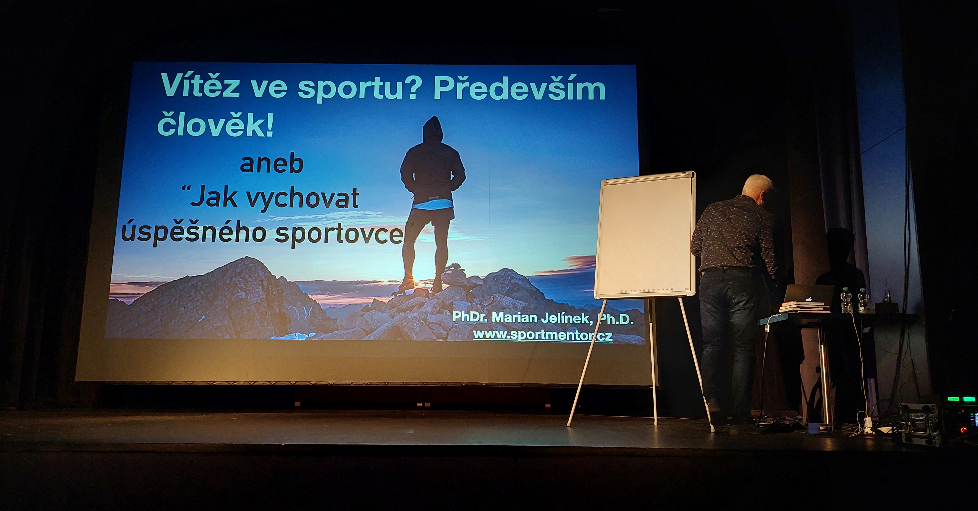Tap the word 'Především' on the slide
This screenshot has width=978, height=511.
519,88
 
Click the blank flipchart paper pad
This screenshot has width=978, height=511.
645,235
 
